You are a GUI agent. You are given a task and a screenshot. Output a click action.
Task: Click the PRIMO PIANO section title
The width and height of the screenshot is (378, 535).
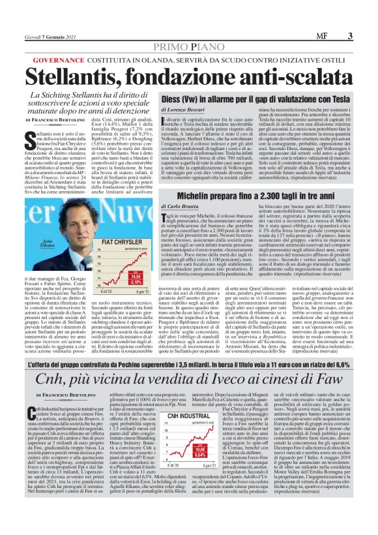click(189, 47)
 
